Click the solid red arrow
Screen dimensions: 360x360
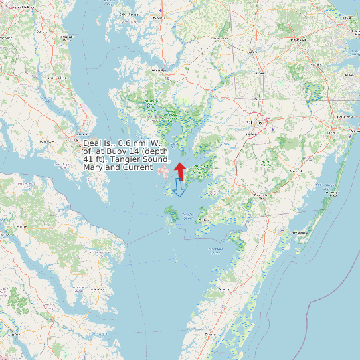coord(180,171)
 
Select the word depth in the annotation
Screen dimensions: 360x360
coord(156,151)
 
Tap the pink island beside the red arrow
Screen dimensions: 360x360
coord(163,171)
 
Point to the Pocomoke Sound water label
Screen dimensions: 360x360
coord(215,250)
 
